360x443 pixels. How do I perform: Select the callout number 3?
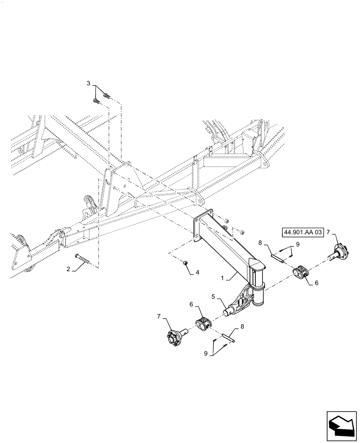pyautogui.click(x=88, y=83)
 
